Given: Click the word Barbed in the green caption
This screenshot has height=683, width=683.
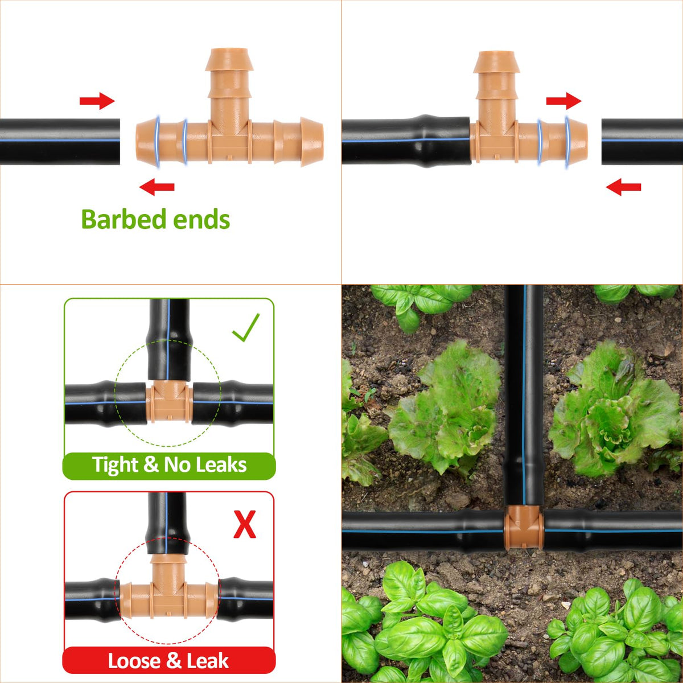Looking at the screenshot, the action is pos(124,219).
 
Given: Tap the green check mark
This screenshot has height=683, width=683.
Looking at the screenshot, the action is pos(246,327).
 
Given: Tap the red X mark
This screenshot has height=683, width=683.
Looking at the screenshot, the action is pos(245,524).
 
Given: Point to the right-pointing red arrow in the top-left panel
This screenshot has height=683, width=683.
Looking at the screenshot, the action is pos(97,101).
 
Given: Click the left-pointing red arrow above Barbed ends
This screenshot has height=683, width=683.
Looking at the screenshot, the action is pos(157,187).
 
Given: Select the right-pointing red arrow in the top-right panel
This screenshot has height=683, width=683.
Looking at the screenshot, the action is pos(563,101).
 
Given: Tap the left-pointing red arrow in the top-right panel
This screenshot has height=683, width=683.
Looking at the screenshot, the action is pos(623,187).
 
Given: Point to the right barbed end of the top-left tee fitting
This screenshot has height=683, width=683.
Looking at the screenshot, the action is pos(311,141).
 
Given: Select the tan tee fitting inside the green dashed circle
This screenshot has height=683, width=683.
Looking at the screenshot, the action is pos(169,402).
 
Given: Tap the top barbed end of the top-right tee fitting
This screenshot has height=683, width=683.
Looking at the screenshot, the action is pos(496,62).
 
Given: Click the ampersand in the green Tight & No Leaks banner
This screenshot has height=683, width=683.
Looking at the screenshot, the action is pos(151,464).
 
